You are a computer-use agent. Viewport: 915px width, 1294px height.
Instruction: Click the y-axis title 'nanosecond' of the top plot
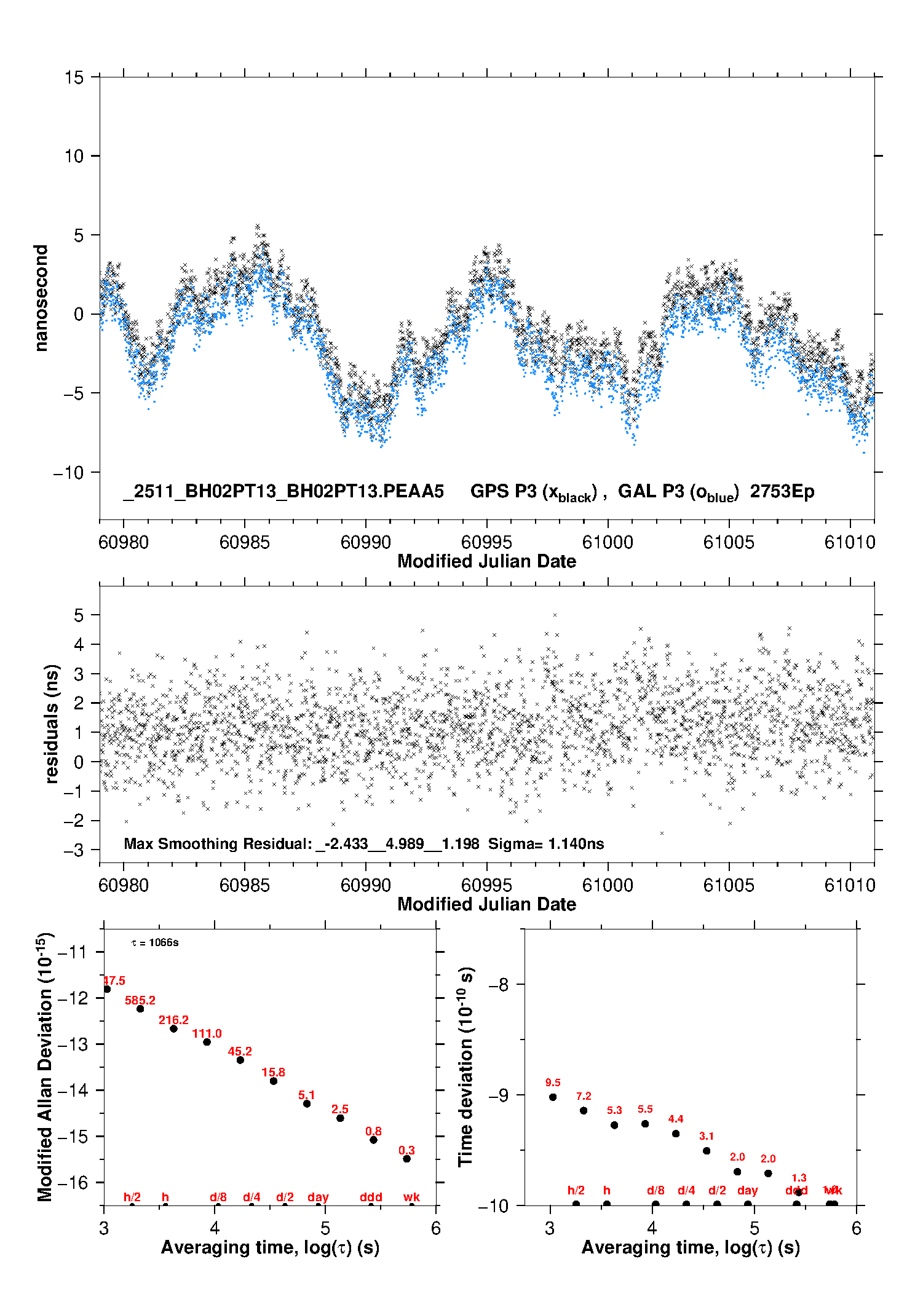[41, 298]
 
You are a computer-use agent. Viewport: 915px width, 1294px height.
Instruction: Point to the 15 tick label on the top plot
[74, 77]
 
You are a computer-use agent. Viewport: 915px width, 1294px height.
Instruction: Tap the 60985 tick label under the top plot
[244, 542]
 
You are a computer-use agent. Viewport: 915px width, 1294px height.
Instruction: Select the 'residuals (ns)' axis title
[52, 724]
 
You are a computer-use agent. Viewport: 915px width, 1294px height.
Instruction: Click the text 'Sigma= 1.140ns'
[546, 843]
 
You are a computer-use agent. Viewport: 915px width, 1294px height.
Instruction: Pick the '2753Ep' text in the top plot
[782, 491]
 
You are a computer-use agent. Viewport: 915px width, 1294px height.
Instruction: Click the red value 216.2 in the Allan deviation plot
[173, 1020]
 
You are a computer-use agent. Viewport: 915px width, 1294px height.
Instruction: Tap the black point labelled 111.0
[207, 1041]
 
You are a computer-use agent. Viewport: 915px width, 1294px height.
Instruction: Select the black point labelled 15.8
[274, 1081]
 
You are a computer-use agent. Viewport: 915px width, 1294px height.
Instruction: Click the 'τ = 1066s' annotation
[155, 942]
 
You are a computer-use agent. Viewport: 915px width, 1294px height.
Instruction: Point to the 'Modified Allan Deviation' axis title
[45, 1067]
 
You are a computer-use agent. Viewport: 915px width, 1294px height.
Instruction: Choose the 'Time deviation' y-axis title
[465, 1067]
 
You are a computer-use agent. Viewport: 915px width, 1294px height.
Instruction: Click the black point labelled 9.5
[553, 1097]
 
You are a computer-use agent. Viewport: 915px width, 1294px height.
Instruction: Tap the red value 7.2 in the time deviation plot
[584, 1096]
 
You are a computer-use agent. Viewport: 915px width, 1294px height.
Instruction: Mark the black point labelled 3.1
[707, 1150]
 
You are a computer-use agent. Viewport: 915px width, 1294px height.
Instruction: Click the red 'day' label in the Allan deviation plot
[318, 1197]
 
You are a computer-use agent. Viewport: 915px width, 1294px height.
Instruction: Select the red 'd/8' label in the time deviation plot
[656, 1190]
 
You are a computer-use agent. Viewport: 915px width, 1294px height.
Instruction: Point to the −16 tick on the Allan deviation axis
[73, 1182]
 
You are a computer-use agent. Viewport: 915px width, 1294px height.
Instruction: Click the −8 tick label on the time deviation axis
[498, 984]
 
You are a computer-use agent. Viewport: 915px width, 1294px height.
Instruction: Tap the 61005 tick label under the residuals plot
[729, 885]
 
